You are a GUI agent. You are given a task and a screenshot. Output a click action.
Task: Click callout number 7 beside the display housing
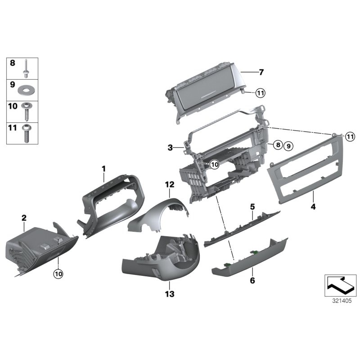[261, 72]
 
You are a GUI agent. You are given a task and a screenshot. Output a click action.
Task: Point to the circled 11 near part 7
[261, 93]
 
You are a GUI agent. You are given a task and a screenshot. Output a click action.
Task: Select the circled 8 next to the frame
[278, 145]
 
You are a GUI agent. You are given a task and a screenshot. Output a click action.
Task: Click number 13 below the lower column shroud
[169, 294]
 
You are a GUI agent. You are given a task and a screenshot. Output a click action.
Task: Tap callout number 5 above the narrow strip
[252, 207]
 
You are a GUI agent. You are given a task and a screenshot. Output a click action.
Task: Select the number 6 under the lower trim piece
[252, 280]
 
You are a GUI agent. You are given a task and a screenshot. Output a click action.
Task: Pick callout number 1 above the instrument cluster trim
[103, 169]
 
